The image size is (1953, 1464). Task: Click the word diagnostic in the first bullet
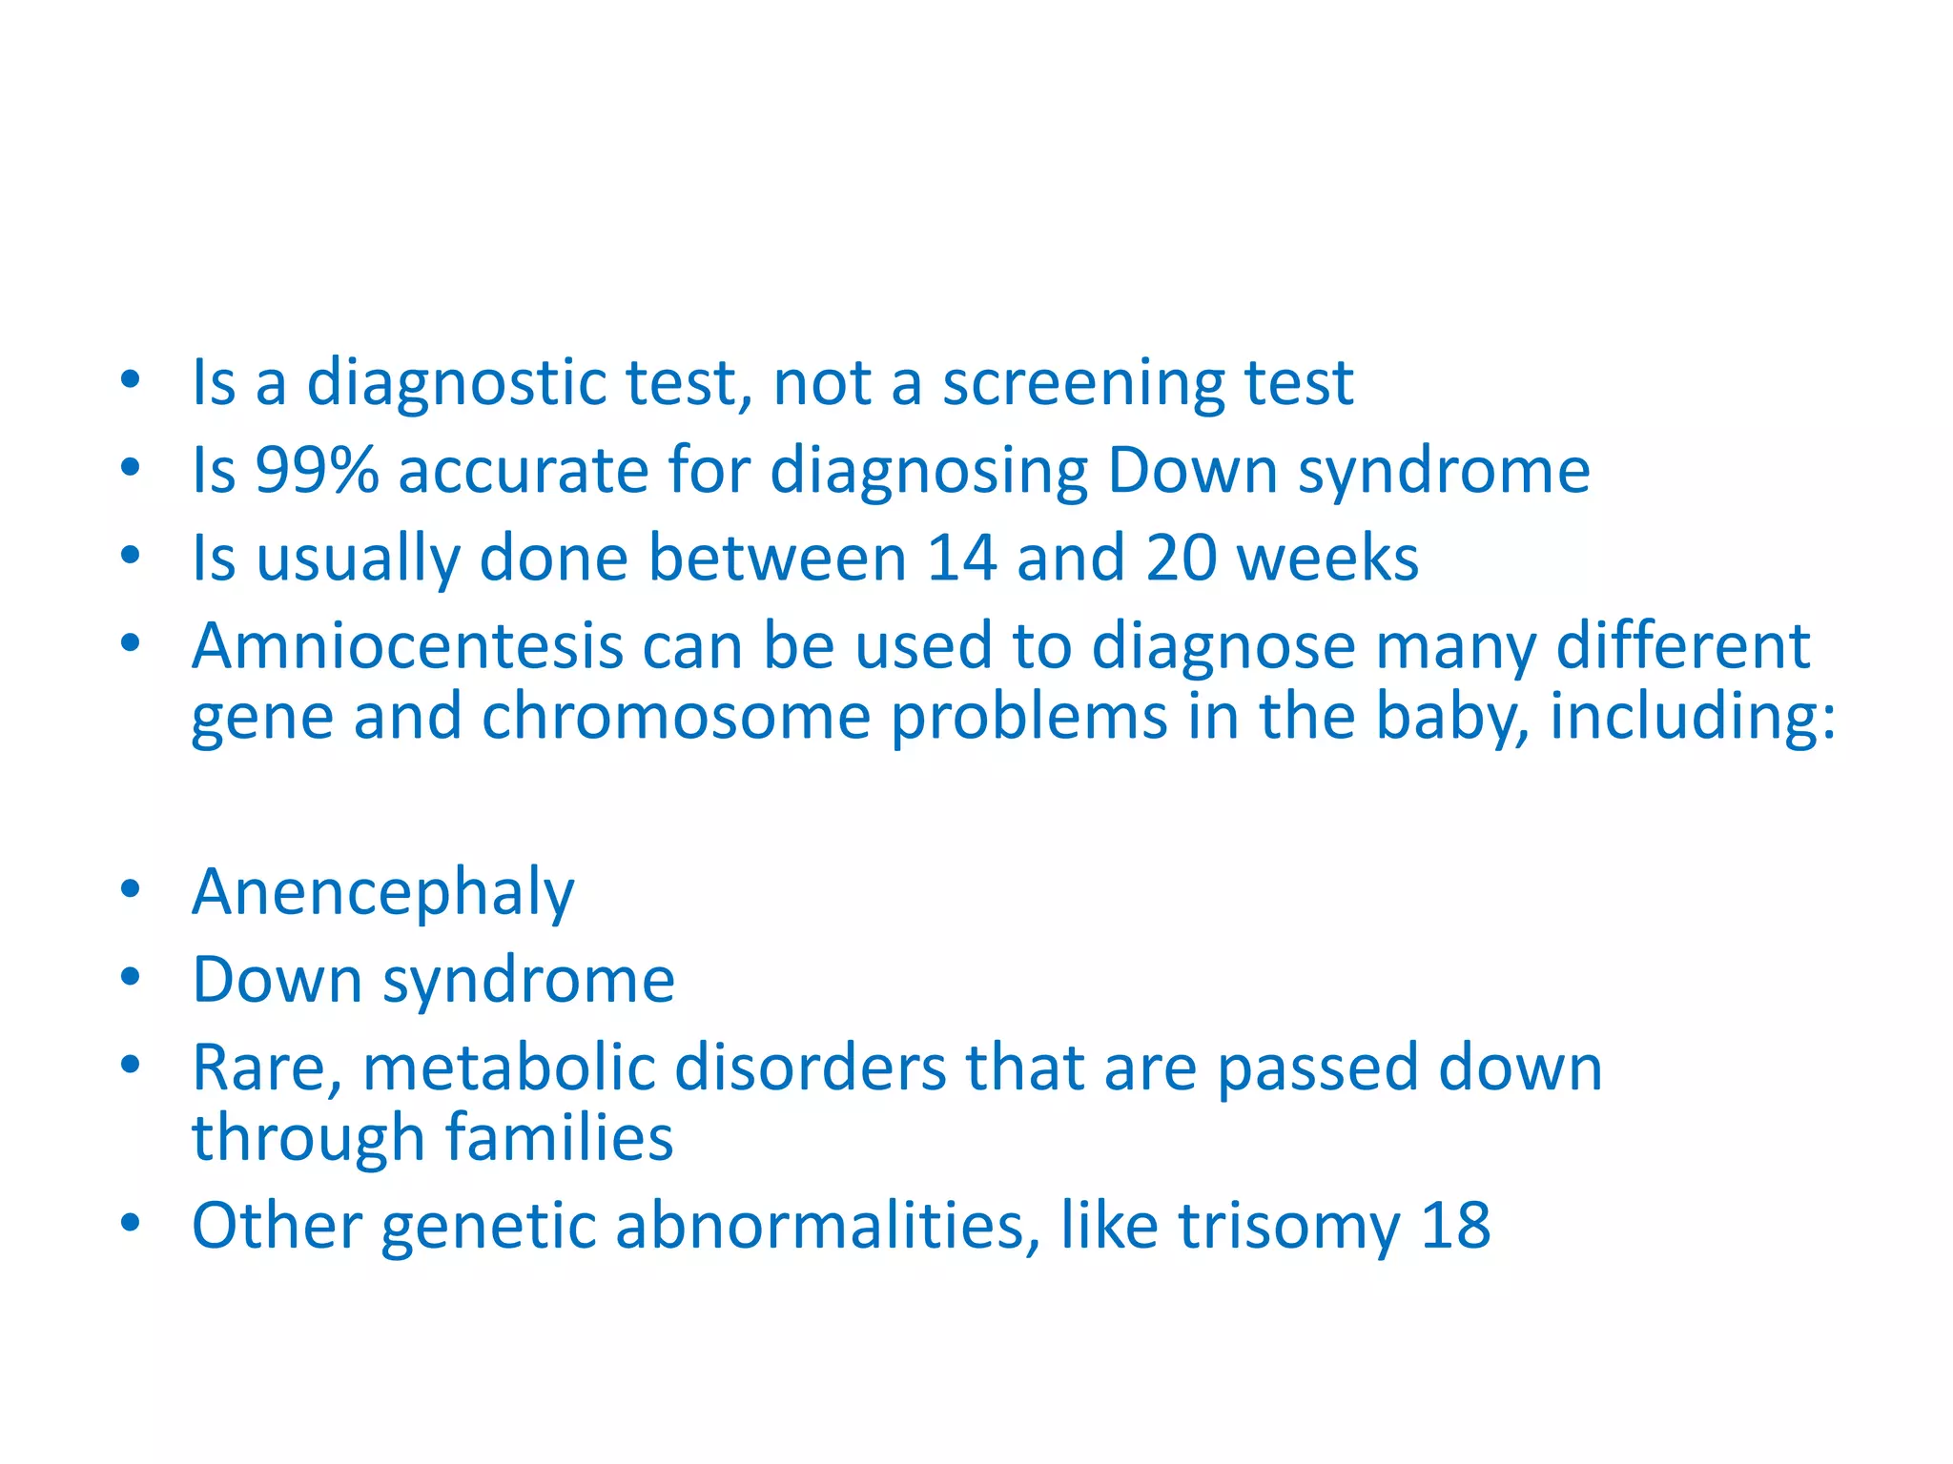click(456, 383)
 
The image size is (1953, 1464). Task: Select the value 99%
click(317, 471)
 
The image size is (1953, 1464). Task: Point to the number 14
click(961, 559)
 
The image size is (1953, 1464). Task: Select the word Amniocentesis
click(407, 646)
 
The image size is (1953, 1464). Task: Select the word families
click(559, 1138)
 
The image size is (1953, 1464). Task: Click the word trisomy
click(1289, 1226)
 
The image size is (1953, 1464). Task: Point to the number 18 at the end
click(1455, 1226)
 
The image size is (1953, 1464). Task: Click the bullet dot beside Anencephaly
click(131, 889)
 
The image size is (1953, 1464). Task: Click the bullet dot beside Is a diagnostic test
click(131, 379)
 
